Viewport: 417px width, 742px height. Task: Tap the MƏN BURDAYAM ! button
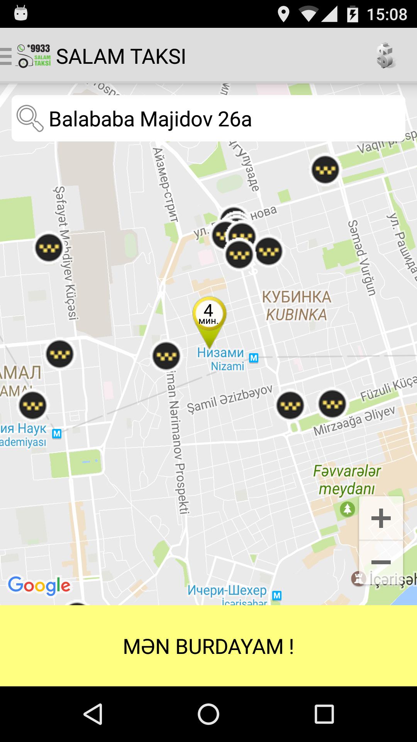tap(208, 646)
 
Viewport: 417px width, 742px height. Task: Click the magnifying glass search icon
tap(30, 119)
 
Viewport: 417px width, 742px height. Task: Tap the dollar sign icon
tap(385, 56)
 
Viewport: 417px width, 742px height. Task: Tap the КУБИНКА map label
tap(297, 297)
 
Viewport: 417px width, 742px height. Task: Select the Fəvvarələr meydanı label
tap(346, 480)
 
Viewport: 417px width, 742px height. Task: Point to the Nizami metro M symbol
tap(254, 358)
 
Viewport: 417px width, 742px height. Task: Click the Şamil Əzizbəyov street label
tap(230, 399)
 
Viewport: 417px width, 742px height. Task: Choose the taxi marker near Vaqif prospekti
tap(325, 170)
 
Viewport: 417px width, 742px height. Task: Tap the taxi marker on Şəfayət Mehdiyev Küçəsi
tap(49, 248)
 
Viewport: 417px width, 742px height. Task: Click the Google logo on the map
tap(39, 586)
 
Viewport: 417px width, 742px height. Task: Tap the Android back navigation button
tap(93, 714)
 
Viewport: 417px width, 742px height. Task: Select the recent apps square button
tap(324, 714)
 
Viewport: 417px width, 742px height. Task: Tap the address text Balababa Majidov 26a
tap(150, 119)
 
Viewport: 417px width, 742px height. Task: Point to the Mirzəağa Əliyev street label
tap(354, 420)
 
